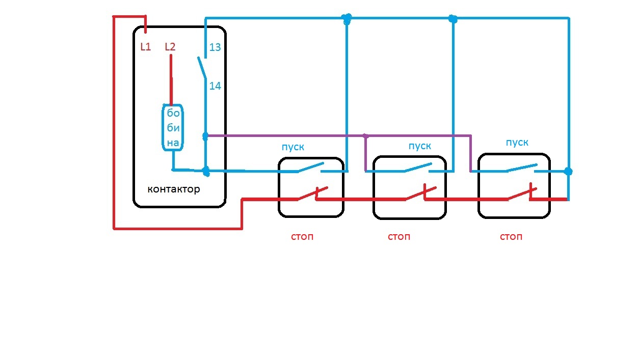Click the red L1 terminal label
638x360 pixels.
(x=146, y=47)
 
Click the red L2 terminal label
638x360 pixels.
(x=170, y=47)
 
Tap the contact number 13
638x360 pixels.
(x=215, y=47)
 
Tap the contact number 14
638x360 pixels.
(x=215, y=86)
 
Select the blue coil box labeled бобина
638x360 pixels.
(x=173, y=128)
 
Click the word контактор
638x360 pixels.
(x=173, y=189)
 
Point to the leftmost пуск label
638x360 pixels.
(x=293, y=147)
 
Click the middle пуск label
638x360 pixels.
(x=420, y=146)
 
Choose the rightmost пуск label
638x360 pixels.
(x=517, y=142)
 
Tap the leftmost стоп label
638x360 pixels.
(x=302, y=237)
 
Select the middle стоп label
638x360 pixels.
(x=399, y=237)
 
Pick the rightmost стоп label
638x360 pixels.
(x=511, y=237)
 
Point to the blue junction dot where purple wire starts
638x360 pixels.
(x=205, y=136)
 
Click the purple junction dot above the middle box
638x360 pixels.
(x=365, y=136)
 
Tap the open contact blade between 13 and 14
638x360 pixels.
(x=202, y=68)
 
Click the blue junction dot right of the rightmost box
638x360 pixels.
(x=568, y=172)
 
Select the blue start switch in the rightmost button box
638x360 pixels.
(x=521, y=168)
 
